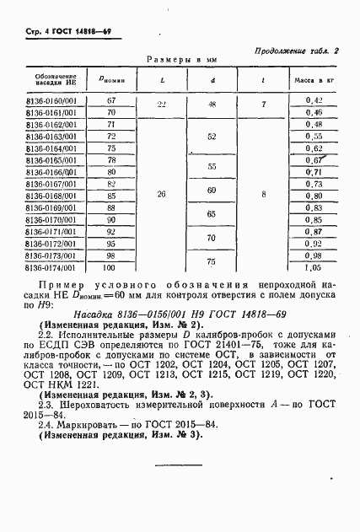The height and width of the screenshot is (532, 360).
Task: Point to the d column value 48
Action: pyautogui.click(x=212, y=105)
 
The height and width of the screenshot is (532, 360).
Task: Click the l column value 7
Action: pyautogui.click(x=264, y=105)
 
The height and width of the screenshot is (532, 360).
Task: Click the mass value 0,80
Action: pyautogui.click(x=314, y=207)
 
